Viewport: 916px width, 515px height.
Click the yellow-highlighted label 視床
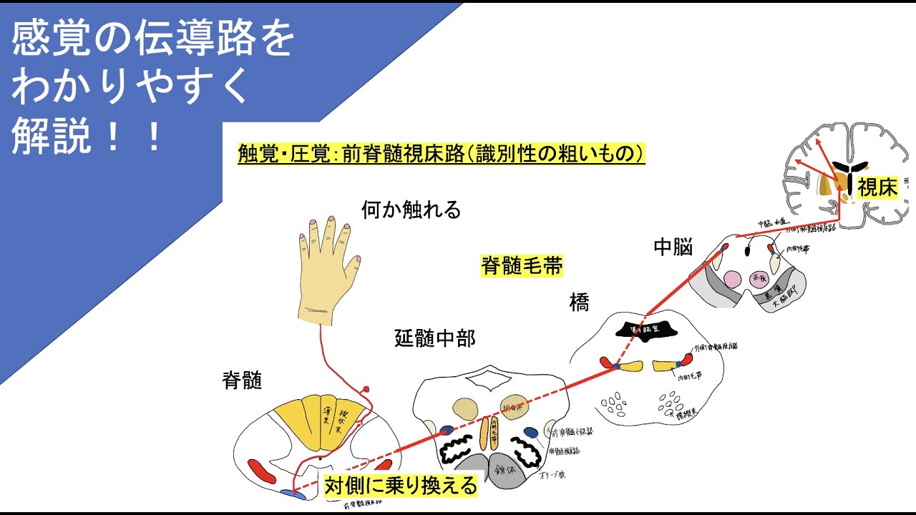pyautogui.click(x=877, y=187)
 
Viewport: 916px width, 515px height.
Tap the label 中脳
pyautogui.click(x=673, y=247)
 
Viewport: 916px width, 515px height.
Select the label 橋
pyautogui.click(x=579, y=303)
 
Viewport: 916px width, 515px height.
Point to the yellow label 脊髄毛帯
pyautogui.click(x=522, y=267)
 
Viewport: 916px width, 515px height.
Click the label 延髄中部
pyautogui.click(x=434, y=338)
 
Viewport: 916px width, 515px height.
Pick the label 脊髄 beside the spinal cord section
pyautogui.click(x=242, y=381)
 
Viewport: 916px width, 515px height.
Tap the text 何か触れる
pyautogui.click(x=411, y=210)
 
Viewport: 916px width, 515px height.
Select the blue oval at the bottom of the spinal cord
pyautogui.click(x=292, y=494)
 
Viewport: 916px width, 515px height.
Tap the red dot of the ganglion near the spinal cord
pyautogui.click(x=366, y=389)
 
